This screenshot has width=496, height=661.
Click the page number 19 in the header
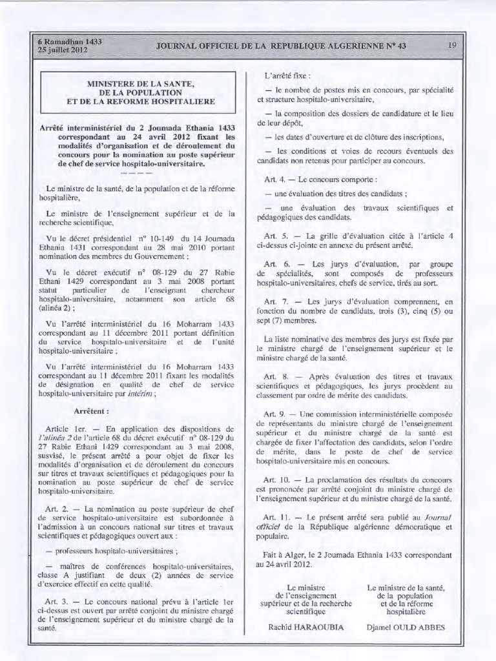coord(451,45)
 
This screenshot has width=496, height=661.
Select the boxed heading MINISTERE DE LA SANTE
coord(141,83)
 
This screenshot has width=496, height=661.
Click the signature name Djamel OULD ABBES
coord(406,626)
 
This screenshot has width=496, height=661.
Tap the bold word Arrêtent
coord(91,410)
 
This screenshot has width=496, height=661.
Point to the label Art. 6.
coord(276,264)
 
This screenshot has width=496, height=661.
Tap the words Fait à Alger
coord(288,554)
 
